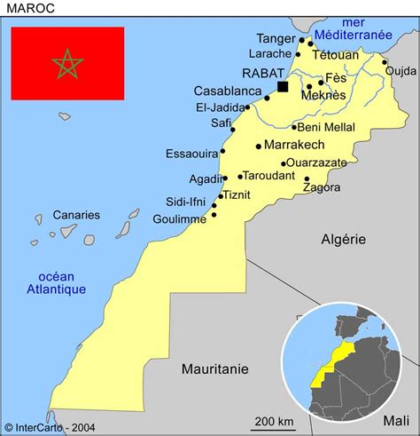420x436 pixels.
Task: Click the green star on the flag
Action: tap(67, 63)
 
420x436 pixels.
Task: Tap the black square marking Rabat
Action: tap(283, 86)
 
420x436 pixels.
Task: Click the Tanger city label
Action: tap(275, 38)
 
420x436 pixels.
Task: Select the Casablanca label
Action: tap(228, 91)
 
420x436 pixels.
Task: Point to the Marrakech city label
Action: tap(295, 145)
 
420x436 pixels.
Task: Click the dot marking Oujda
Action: tap(385, 62)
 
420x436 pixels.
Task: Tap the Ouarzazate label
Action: tap(323, 163)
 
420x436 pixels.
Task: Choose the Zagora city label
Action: tap(322, 187)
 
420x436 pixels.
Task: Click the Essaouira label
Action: tap(191, 154)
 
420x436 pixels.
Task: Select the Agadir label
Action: tap(205, 178)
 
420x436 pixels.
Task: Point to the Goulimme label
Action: tap(180, 218)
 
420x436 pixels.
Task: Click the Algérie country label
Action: tap(343, 239)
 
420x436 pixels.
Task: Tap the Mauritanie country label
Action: tap(215, 369)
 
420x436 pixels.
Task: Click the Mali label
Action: tap(398, 420)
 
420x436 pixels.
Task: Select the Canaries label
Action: tap(76, 215)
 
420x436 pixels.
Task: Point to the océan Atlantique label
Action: tap(56, 281)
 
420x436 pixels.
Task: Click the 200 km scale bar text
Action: tap(275, 420)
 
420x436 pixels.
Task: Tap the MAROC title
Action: tap(30, 10)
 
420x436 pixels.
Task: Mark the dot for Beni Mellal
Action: tap(294, 127)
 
